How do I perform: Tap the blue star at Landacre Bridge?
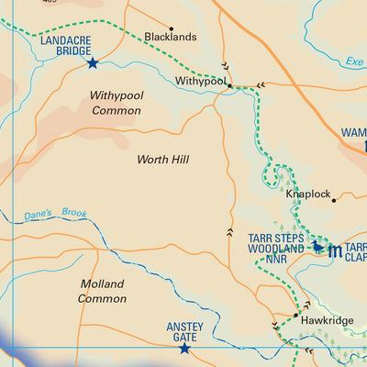click(x=92, y=63)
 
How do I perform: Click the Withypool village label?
click(x=200, y=82)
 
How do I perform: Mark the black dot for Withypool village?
click(x=230, y=86)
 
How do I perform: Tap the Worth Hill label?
click(x=162, y=160)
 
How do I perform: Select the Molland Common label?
click(x=102, y=291)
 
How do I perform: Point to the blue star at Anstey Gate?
click(x=183, y=349)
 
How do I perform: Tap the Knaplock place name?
click(x=307, y=195)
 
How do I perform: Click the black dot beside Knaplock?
click(x=334, y=199)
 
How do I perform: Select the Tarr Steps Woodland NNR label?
click(x=275, y=248)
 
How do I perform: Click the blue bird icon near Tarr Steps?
click(x=318, y=246)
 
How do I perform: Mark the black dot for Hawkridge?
click(x=295, y=315)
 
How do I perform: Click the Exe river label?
click(x=355, y=62)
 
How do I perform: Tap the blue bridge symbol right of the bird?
click(x=336, y=250)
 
